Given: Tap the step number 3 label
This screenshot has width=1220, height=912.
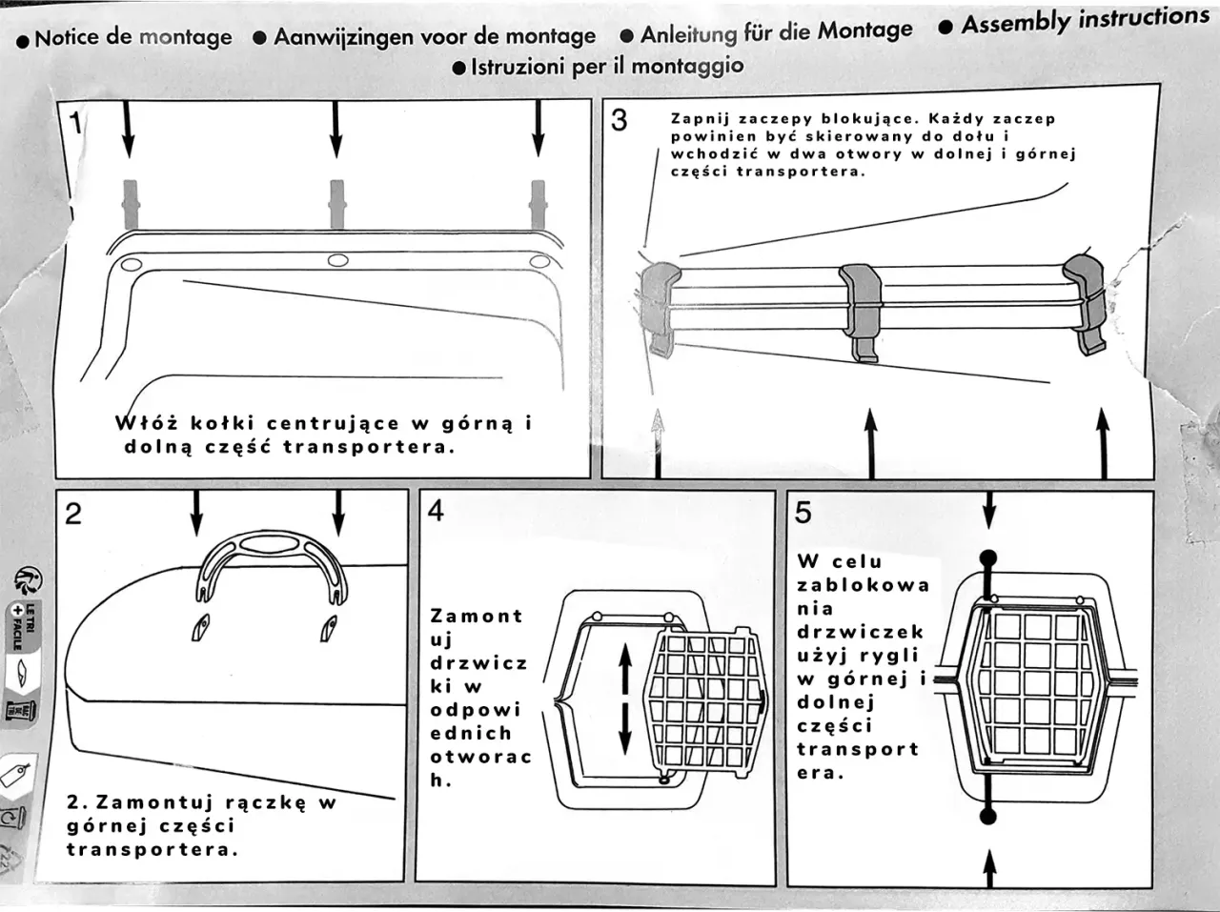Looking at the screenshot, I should [x=620, y=120].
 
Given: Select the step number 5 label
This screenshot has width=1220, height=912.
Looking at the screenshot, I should [x=803, y=512].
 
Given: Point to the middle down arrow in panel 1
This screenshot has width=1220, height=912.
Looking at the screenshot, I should [x=335, y=128].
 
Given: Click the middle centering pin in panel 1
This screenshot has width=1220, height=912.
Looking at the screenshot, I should [x=336, y=202].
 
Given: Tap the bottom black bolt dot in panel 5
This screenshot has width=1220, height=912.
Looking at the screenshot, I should [x=988, y=815].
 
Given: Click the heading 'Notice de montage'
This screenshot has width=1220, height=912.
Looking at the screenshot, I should [x=132, y=38].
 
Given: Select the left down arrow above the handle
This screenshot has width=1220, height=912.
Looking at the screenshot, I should [x=196, y=515].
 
